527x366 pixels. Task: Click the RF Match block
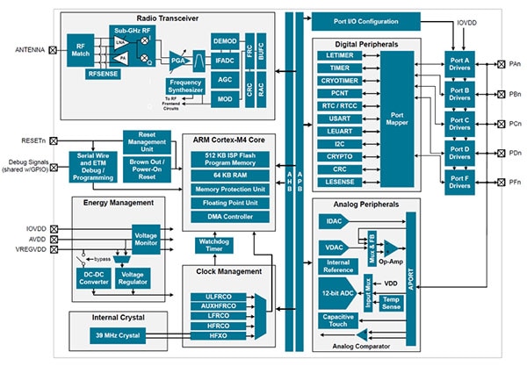(82, 50)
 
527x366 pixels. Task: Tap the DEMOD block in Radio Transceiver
(225, 41)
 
